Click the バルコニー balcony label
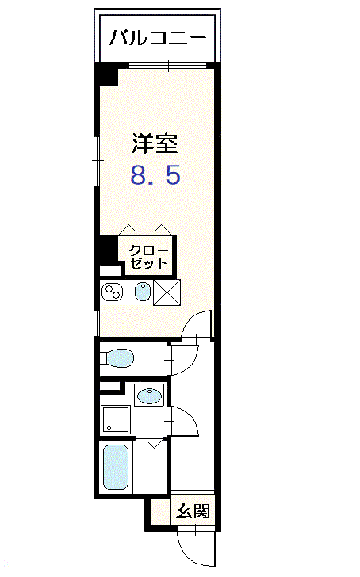[157, 37]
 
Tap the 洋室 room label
[155, 143]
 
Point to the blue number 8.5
[155, 175]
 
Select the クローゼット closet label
[148, 257]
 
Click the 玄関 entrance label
[193, 510]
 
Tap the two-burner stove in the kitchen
[112, 292]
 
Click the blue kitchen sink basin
[143, 292]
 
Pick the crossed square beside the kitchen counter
[167, 292]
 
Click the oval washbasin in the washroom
[149, 395]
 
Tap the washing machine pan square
[116, 419]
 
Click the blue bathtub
[116, 467]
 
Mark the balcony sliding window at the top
[167, 66]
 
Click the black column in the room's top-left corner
[106, 75]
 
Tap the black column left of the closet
[109, 248]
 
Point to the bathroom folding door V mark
[155, 444]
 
